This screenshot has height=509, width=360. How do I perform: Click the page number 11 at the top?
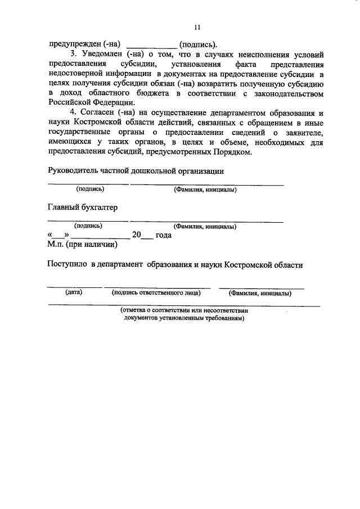[x=197, y=27]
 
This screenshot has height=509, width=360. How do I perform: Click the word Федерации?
[x=110, y=102]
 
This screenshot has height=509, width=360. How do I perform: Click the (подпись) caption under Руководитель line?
[x=90, y=190]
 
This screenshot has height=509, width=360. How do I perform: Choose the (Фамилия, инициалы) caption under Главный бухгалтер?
[x=205, y=227]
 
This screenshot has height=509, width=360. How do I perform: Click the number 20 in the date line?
[x=136, y=236]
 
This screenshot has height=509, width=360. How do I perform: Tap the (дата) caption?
[x=74, y=292]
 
